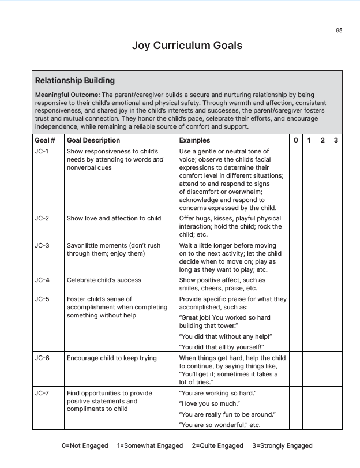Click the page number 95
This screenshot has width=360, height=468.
(339, 31)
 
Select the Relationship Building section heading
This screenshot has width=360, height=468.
(75, 81)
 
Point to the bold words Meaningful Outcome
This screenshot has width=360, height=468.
(67, 95)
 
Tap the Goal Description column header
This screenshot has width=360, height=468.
(93, 140)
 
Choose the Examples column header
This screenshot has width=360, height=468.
(194, 140)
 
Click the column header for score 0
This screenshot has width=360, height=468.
(295, 140)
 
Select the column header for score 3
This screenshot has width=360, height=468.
(336, 140)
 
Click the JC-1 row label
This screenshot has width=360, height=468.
(42, 152)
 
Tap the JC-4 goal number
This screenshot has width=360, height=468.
(42, 280)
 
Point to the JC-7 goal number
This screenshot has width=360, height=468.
(42, 394)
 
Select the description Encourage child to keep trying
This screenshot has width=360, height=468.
(112, 358)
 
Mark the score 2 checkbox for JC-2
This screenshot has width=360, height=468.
(322, 226)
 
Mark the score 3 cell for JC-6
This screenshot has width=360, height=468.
(336, 370)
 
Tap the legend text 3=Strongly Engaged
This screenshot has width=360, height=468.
(282, 446)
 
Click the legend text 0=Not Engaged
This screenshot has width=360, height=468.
(85, 446)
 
